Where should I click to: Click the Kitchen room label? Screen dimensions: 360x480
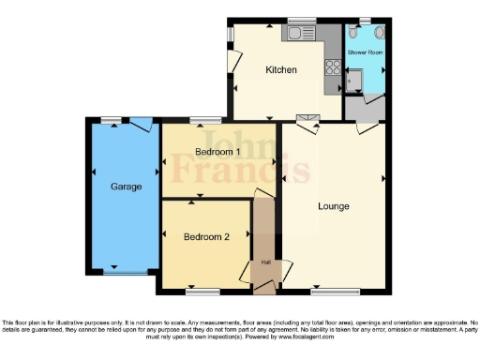(280, 70)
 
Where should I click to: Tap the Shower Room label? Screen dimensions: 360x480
(366, 52)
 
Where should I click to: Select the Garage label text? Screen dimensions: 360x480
(127, 187)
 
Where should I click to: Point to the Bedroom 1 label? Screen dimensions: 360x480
(217, 152)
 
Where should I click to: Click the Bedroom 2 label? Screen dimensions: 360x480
(206, 237)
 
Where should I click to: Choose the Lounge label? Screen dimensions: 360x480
(335, 206)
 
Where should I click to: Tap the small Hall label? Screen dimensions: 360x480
(265, 262)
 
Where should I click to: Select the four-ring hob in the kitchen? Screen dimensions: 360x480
(331, 67)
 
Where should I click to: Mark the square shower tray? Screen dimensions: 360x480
(353, 85)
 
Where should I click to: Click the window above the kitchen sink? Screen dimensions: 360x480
(302, 21)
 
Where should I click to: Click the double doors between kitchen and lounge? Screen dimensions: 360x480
(306, 120)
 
